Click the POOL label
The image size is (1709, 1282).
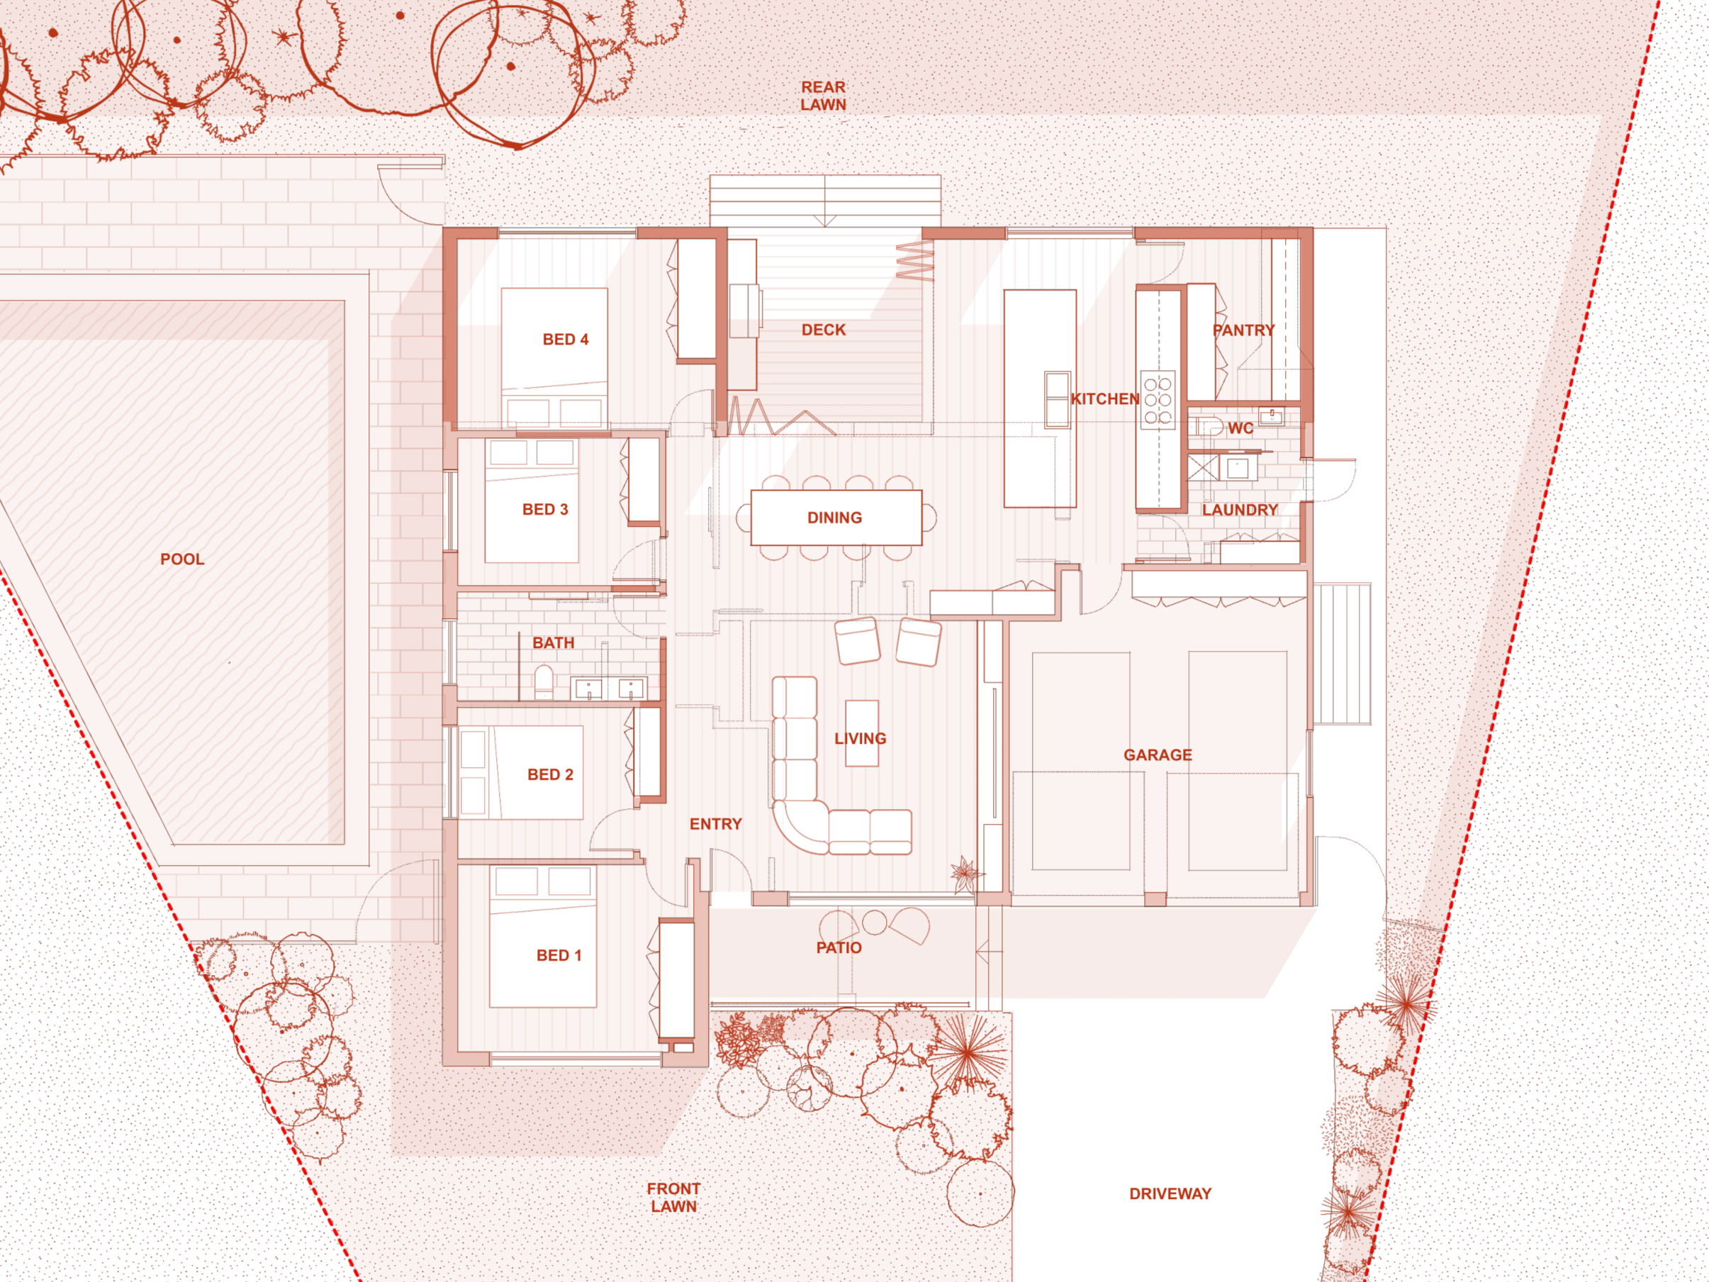coord(182,559)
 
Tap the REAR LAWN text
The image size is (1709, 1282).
coord(823,96)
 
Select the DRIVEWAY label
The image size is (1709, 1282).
coord(1170,1193)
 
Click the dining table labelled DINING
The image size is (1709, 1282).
coord(836,518)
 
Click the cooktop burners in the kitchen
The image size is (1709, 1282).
coord(1158,399)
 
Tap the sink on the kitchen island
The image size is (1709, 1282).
coord(1056,399)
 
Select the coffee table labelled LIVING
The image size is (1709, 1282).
coord(861,732)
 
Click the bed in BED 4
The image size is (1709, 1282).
coord(554,355)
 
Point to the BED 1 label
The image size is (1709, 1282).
coord(559,955)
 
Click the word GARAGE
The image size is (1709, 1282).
coord(1158,755)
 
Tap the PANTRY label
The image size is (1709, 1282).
coord(1243,330)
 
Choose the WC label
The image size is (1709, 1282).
coord(1240,428)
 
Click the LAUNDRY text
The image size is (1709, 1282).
coord(1239,510)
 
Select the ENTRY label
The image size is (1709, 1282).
coord(715,824)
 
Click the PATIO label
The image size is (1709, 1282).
coord(839,947)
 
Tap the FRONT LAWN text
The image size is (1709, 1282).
coord(673,1197)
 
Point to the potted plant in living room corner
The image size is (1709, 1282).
coord(965,873)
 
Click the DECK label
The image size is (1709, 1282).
coord(824,330)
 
